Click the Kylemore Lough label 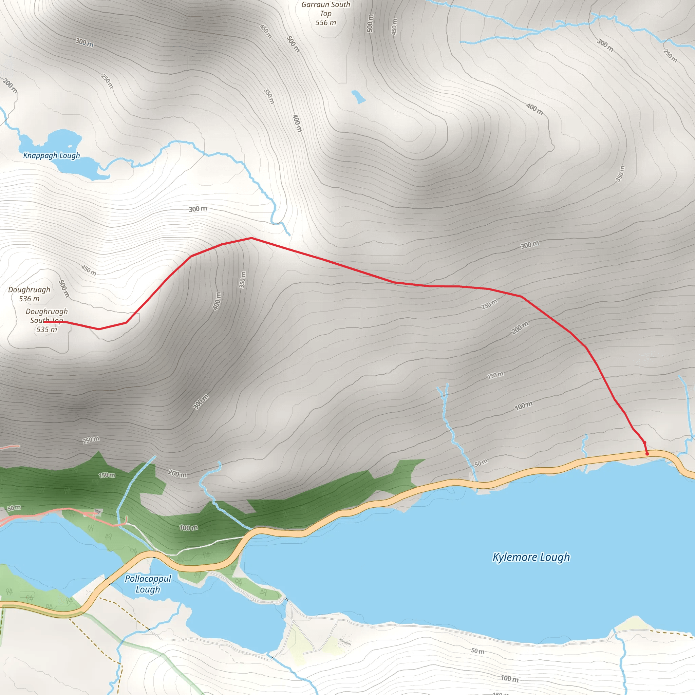[x=531, y=557]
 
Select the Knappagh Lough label [x=52, y=156]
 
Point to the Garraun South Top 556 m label [x=325, y=14]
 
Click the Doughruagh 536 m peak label [x=29, y=294]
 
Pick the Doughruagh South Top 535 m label [x=47, y=320]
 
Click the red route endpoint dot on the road [x=647, y=454]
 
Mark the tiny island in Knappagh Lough [x=70, y=146]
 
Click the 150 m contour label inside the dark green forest [x=107, y=475]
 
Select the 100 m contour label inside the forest [x=188, y=528]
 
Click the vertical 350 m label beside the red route [x=243, y=280]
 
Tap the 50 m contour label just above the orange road [x=481, y=463]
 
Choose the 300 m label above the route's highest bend [x=198, y=209]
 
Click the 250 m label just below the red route [x=489, y=304]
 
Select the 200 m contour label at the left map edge [x=10, y=86]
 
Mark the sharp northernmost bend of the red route [x=251, y=238]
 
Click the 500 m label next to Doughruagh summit [x=64, y=288]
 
